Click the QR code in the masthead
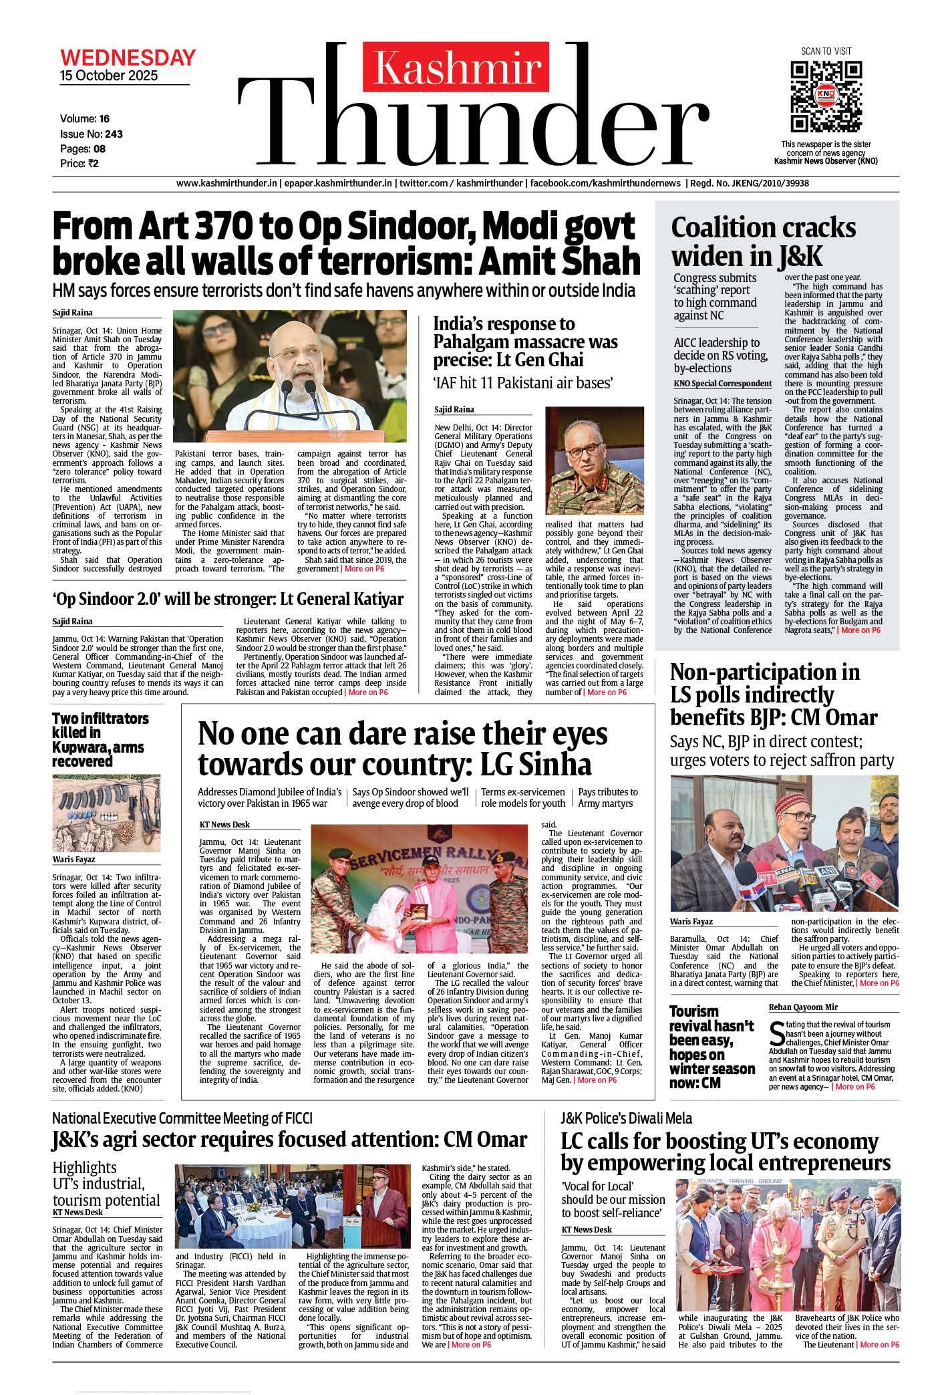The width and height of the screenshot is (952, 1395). point(826,96)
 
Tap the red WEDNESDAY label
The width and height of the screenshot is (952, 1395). point(128,57)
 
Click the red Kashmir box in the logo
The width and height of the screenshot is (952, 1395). point(456,68)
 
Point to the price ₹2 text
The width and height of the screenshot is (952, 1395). point(80,164)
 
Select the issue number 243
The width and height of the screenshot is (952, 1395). point(114,134)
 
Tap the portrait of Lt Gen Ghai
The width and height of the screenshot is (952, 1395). point(594,461)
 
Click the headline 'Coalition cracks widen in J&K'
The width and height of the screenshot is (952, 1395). point(763,241)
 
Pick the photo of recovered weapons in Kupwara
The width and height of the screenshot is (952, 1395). point(107,813)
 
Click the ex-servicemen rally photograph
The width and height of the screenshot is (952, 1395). point(419,889)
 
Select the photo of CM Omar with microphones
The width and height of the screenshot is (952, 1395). point(784,843)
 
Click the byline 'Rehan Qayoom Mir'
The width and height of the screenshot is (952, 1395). point(802,1007)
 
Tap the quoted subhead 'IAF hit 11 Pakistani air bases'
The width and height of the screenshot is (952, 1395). point(523,384)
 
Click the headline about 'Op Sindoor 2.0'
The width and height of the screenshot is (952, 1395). point(228,599)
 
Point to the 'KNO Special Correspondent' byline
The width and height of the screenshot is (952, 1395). point(722,384)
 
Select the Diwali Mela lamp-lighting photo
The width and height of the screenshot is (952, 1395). point(788,1245)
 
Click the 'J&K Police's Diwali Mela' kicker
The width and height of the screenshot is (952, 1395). point(626,1118)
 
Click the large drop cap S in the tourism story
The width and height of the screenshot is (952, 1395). point(777,1034)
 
